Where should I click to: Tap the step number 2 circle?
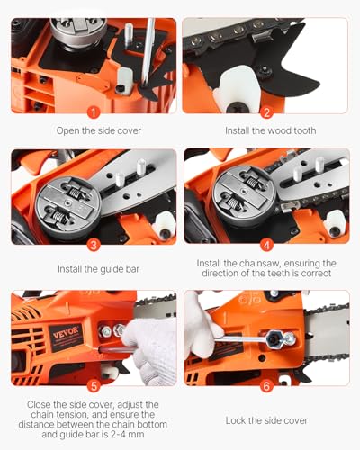click(x=266, y=112)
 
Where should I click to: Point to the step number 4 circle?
click(x=266, y=242)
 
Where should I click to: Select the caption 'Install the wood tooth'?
click(x=270, y=131)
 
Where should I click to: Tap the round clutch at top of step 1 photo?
click(x=74, y=31)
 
